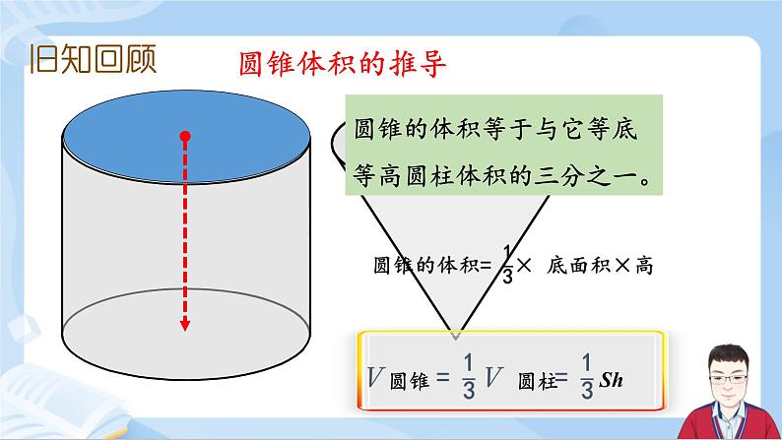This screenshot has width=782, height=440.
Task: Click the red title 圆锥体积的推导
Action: click(344, 65)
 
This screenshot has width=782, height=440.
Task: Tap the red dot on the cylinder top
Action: click(184, 137)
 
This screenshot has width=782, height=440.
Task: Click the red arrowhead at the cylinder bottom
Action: click(184, 326)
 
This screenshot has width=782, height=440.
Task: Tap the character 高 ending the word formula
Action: click(644, 265)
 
